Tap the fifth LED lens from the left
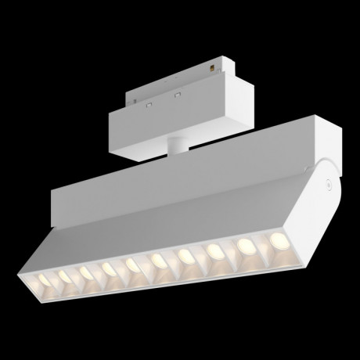point(131,263)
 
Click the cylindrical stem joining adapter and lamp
point(177,145)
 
